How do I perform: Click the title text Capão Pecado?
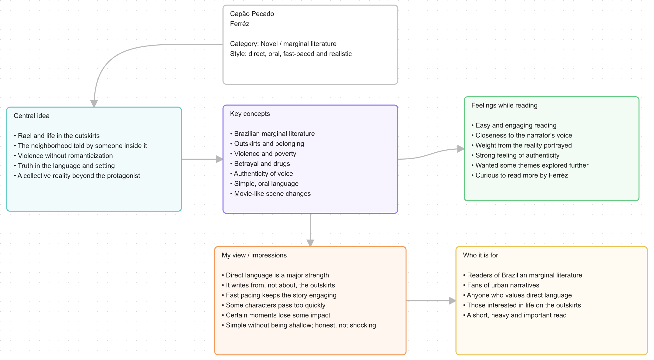point(252,14)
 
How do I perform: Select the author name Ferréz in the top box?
point(240,24)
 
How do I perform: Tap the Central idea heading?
point(32,116)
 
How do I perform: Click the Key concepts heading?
point(250,114)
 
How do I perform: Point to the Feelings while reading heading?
point(504,105)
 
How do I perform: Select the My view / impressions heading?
point(254,255)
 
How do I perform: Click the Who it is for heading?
point(480,255)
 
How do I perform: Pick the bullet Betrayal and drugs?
point(260,164)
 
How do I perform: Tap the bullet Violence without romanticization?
point(63,156)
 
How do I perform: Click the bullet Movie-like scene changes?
point(270,194)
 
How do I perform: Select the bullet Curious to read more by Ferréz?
point(520,175)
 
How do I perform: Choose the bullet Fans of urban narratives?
point(501,285)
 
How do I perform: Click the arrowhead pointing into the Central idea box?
point(94,104)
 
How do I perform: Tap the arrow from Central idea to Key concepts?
point(202,159)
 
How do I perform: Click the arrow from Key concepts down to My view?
point(310,230)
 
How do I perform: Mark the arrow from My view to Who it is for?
point(431,301)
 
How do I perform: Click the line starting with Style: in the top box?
point(291,54)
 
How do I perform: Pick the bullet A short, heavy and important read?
point(515,315)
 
